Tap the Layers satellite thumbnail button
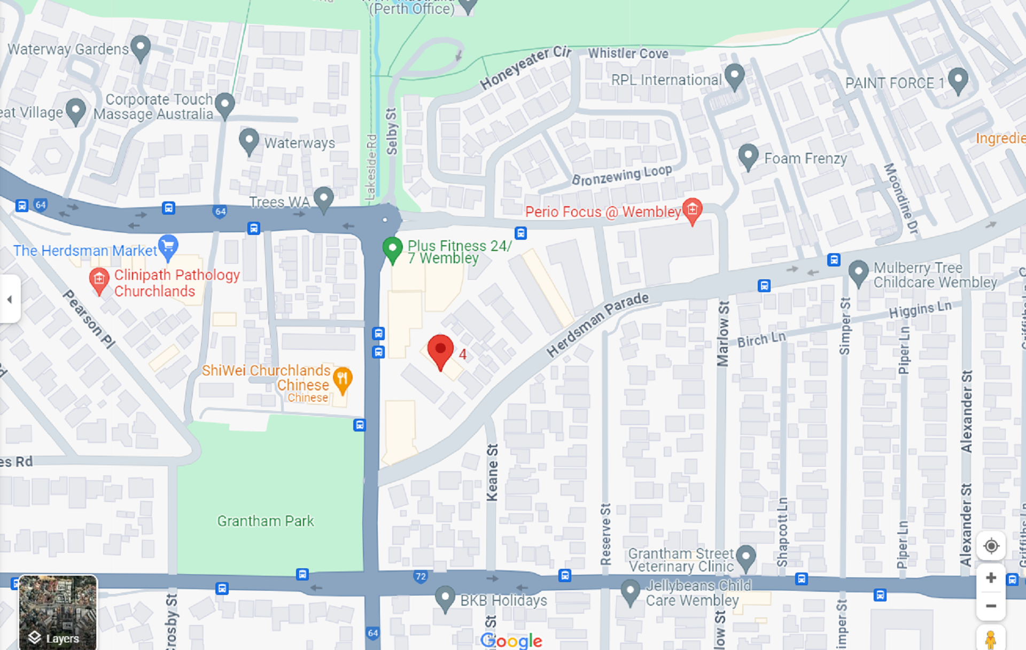58,612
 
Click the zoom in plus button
991,578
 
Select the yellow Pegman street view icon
990,639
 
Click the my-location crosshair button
991,546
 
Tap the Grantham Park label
265,521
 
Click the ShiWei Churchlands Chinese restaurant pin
342,379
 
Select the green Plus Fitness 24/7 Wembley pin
392,249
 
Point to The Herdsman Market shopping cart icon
168,247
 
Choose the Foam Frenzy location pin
748,156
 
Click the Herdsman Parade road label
597,324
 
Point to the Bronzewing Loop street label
621,175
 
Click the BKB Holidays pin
445,598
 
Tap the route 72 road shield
421,576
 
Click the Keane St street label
492,472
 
